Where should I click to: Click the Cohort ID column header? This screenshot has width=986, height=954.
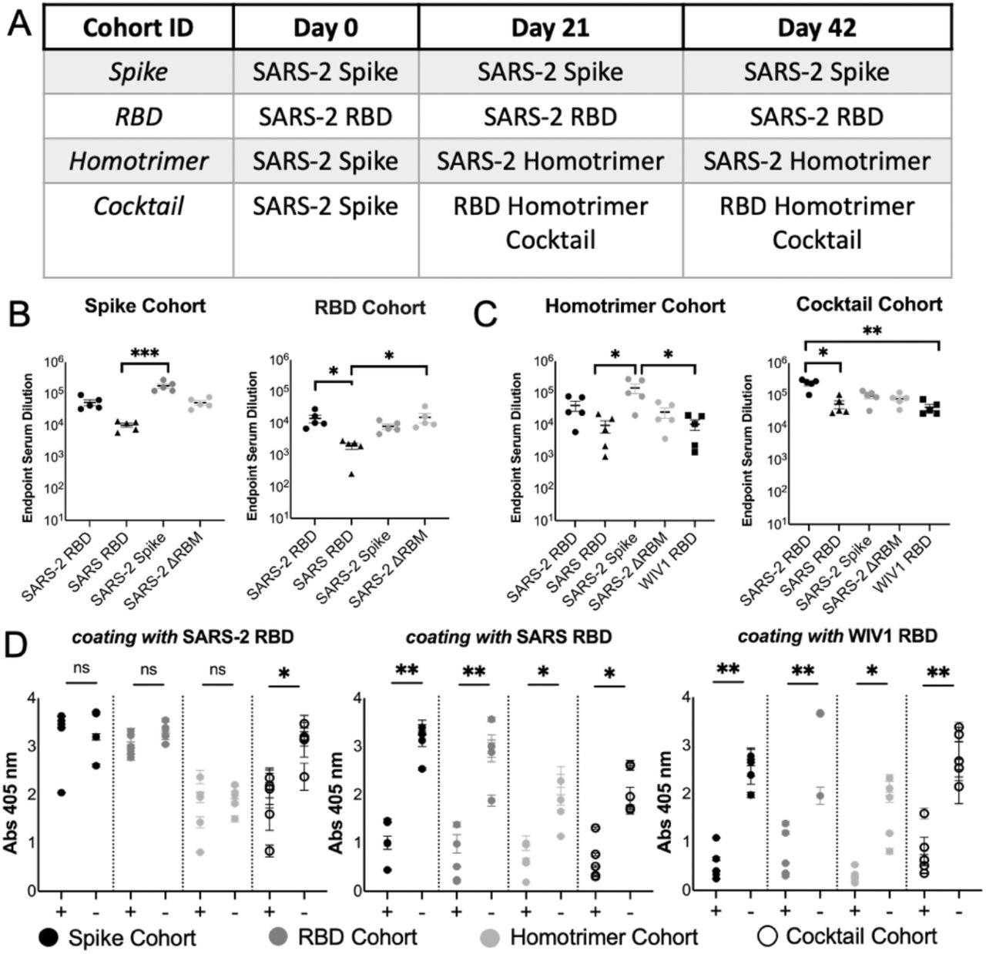tap(138, 28)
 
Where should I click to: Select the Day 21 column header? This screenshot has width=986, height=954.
tap(550, 28)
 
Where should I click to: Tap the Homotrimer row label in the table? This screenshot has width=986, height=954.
tap(138, 162)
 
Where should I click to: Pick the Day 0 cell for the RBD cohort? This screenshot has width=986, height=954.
tap(325, 117)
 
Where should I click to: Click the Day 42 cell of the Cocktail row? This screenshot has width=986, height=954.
tap(817, 223)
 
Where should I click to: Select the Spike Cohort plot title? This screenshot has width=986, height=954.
tap(145, 306)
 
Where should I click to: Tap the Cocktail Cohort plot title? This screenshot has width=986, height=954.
tap(869, 304)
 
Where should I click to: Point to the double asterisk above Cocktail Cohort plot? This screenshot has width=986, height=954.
tap(872, 332)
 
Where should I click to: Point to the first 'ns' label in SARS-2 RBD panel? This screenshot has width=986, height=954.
tap(82, 669)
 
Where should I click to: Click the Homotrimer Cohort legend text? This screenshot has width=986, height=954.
tap(604, 937)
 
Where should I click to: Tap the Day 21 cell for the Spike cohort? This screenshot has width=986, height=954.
tap(550, 72)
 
